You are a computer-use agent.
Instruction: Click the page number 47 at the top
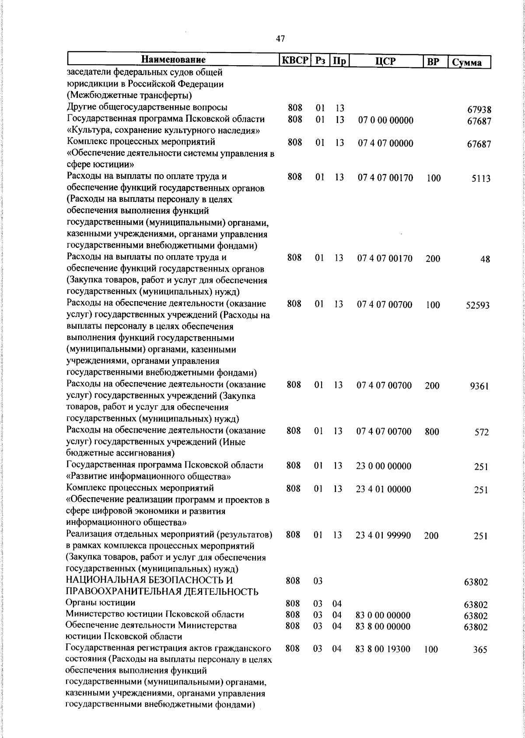tap(280, 39)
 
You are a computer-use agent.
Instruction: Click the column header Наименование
tap(173, 60)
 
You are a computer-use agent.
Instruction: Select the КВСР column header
tap(295, 60)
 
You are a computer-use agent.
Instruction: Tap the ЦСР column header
tap(385, 61)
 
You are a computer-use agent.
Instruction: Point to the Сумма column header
tap(467, 62)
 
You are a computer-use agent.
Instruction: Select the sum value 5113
tap(481, 179)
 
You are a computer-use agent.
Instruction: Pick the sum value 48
tap(485, 259)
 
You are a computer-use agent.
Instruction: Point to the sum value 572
tap(482, 432)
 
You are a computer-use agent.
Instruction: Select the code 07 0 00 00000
tap(385, 120)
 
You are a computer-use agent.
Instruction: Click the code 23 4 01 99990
tap(383, 535)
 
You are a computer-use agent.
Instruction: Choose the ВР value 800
tap(432, 432)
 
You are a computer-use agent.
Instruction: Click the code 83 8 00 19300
tap(383, 649)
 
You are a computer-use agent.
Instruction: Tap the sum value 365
tap(480, 650)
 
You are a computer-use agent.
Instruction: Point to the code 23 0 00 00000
tap(384, 466)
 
